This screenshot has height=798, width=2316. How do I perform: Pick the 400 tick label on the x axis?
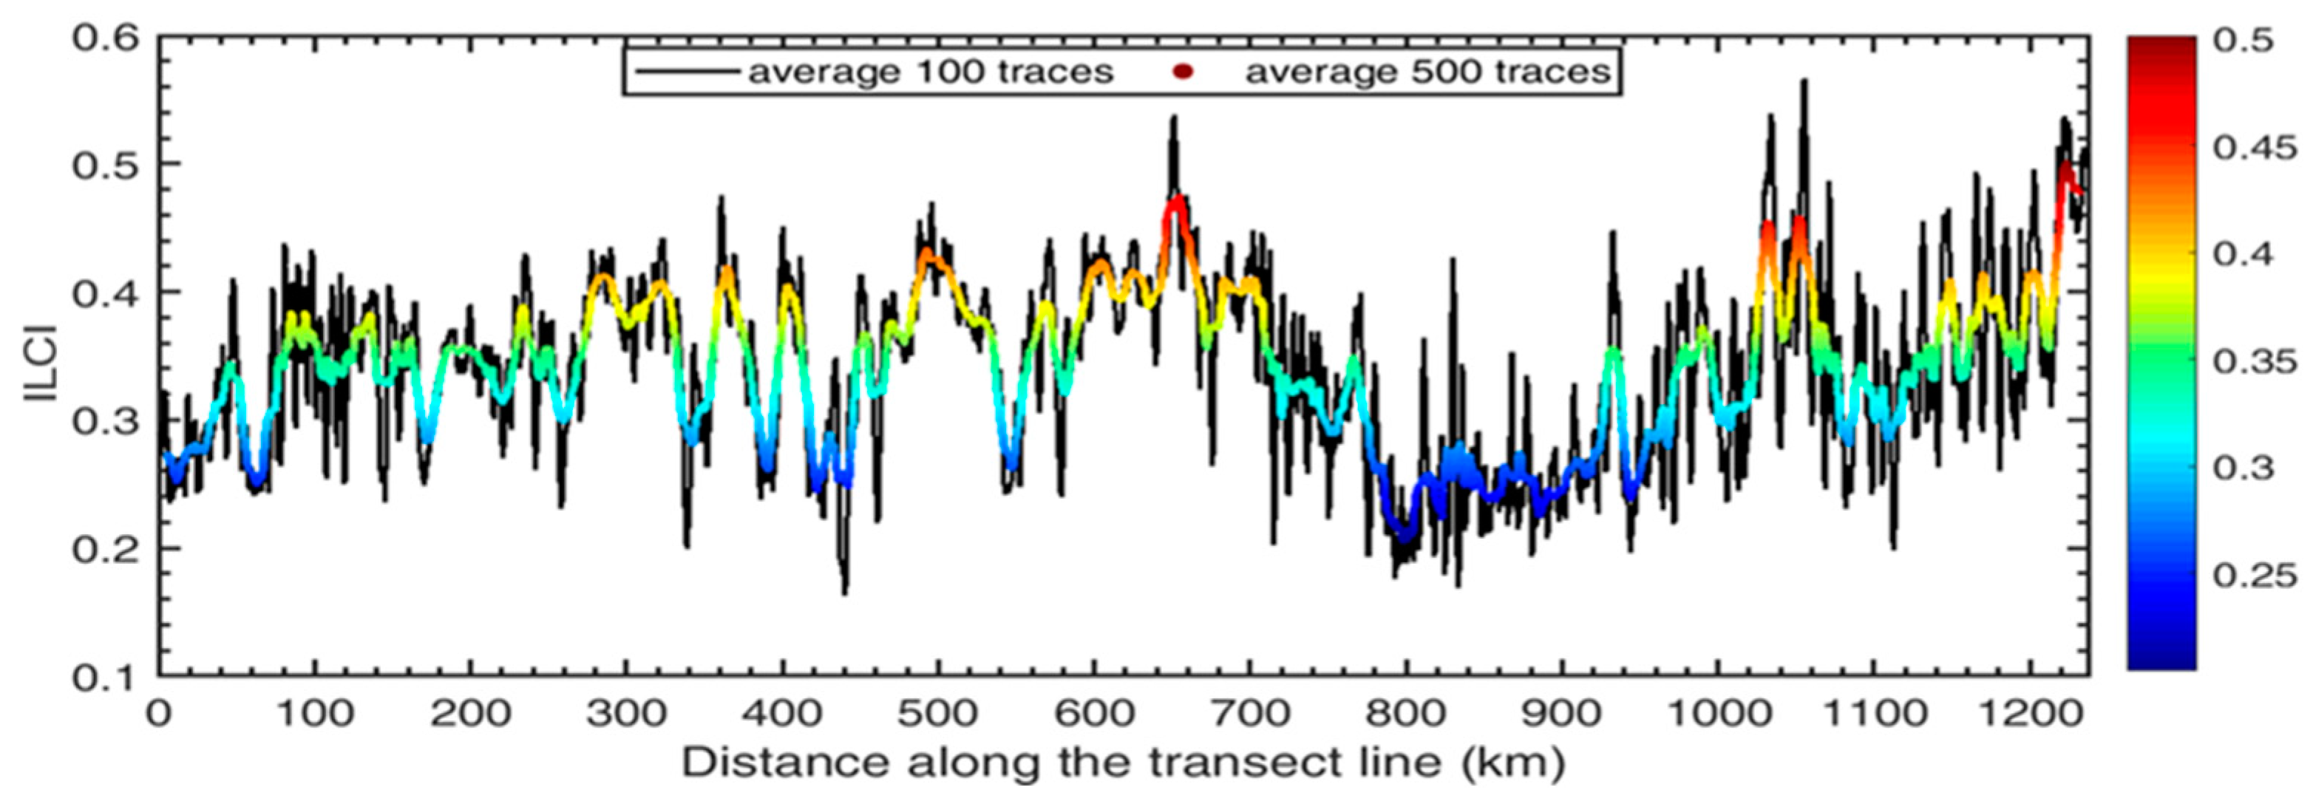[x=782, y=715]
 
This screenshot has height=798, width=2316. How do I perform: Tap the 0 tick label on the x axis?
[x=160, y=715]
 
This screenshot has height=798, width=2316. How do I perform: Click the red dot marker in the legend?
[x=1184, y=71]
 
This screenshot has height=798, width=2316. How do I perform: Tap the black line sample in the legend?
[x=687, y=71]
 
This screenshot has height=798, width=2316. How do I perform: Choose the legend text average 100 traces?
[x=931, y=71]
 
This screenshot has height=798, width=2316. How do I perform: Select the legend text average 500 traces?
[x=1427, y=71]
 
